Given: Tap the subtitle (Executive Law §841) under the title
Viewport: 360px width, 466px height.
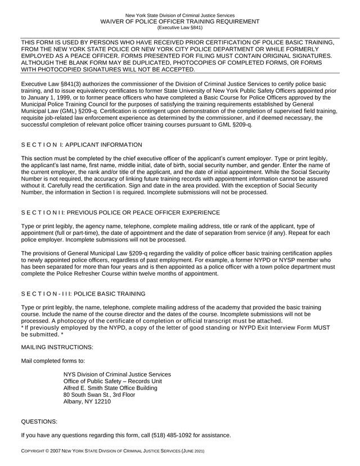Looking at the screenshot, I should [179, 27].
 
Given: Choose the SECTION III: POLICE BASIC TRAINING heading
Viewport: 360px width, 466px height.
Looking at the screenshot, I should [83, 293].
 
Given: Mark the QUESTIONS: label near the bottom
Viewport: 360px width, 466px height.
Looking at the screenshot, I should [39, 421].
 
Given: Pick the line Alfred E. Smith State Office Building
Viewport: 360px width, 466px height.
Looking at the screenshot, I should [110, 388].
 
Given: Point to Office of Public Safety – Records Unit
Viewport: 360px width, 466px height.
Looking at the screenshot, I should [112, 381].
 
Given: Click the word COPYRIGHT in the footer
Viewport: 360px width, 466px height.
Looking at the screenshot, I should [35, 452].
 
